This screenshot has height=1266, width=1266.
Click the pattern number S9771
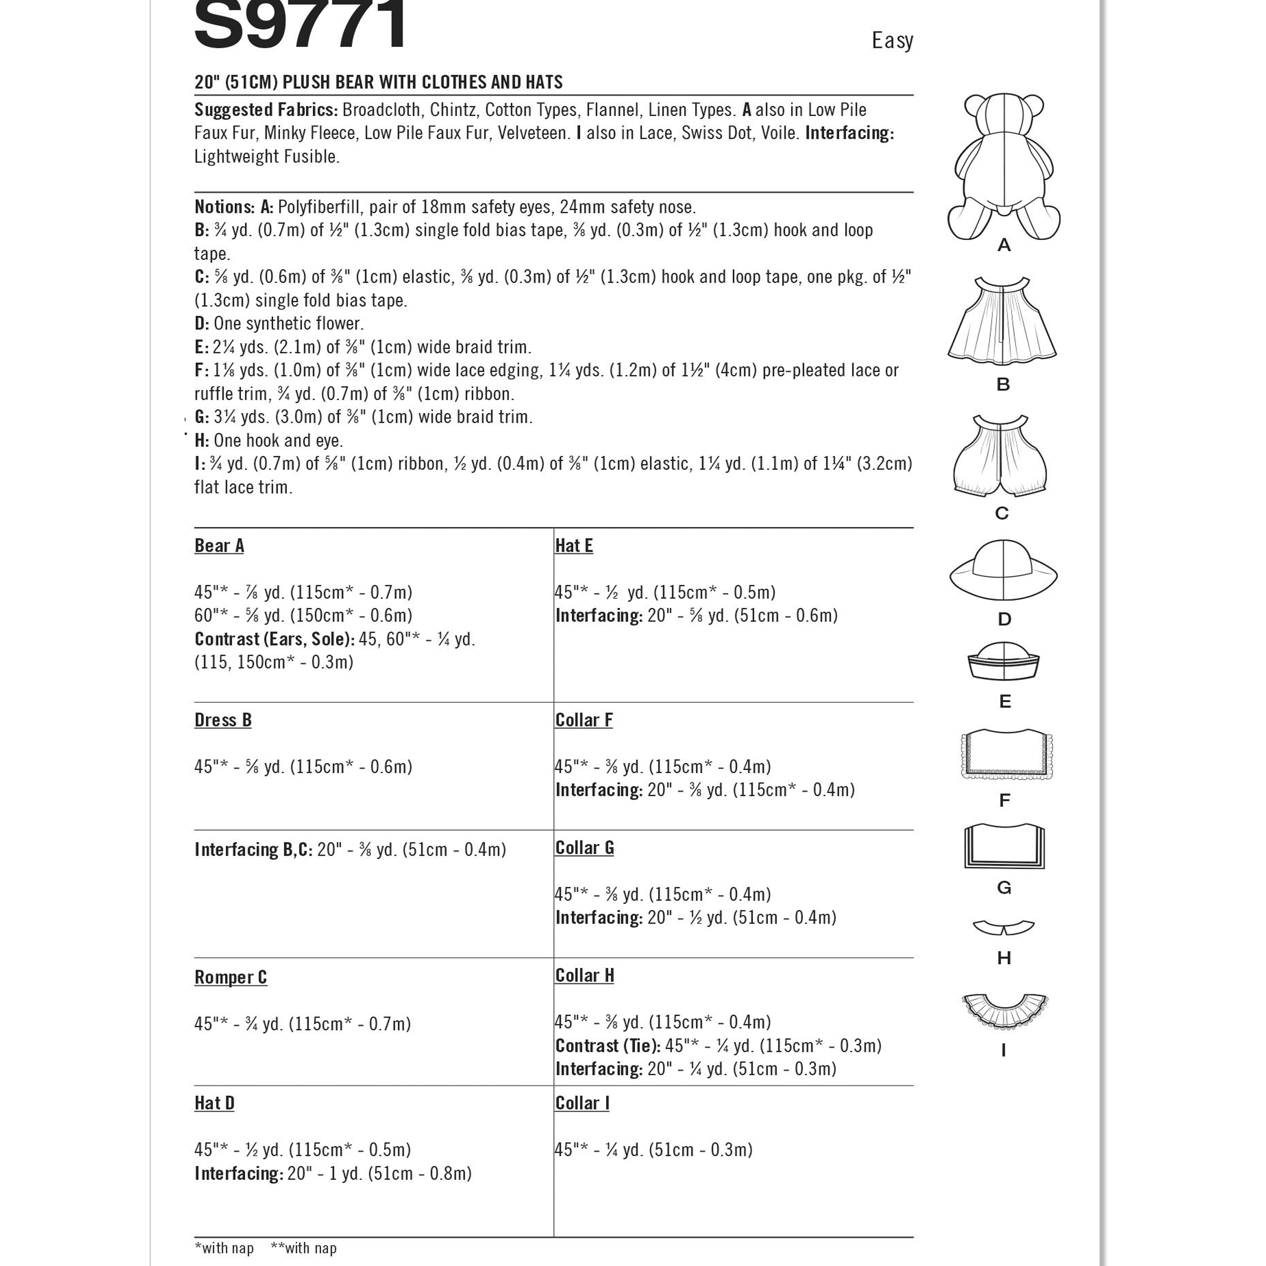pos(301,26)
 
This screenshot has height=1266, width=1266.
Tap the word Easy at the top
pos(892,41)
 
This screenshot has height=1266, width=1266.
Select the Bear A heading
pos(219,546)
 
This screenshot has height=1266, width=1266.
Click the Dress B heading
pos(223,720)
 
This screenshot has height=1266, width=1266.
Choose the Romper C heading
pos(231,977)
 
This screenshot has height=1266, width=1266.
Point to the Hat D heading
pos(214,1103)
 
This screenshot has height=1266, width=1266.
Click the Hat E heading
pos(573,546)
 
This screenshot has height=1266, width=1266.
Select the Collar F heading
pos(583,720)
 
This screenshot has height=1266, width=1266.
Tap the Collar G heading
pos(584,848)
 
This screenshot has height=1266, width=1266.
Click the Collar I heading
pos(582,1103)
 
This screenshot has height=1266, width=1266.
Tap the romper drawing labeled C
pos(1000,455)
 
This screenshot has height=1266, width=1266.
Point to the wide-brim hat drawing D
pos(1003,570)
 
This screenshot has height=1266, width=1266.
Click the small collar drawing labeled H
pos(1003,927)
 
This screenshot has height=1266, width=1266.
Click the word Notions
pos(224,207)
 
